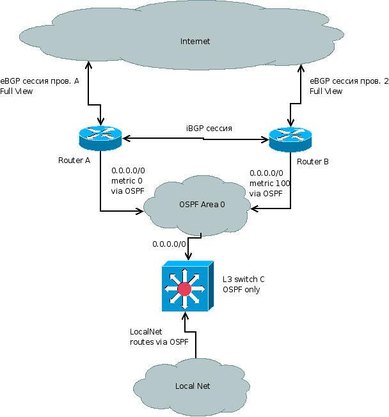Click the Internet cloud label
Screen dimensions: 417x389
(195, 42)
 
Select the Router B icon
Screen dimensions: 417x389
(290, 138)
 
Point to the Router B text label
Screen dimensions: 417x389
(314, 162)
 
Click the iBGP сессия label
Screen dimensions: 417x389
(209, 129)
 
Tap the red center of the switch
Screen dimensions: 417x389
(185, 289)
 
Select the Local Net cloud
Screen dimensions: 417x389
(193, 386)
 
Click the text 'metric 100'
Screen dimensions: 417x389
(269, 184)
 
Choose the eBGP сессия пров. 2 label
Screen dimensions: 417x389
(349, 81)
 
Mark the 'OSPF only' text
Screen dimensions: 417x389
(241, 290)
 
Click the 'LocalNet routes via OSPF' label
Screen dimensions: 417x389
(159, 336)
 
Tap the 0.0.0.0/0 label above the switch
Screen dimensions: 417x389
(169, 244)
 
